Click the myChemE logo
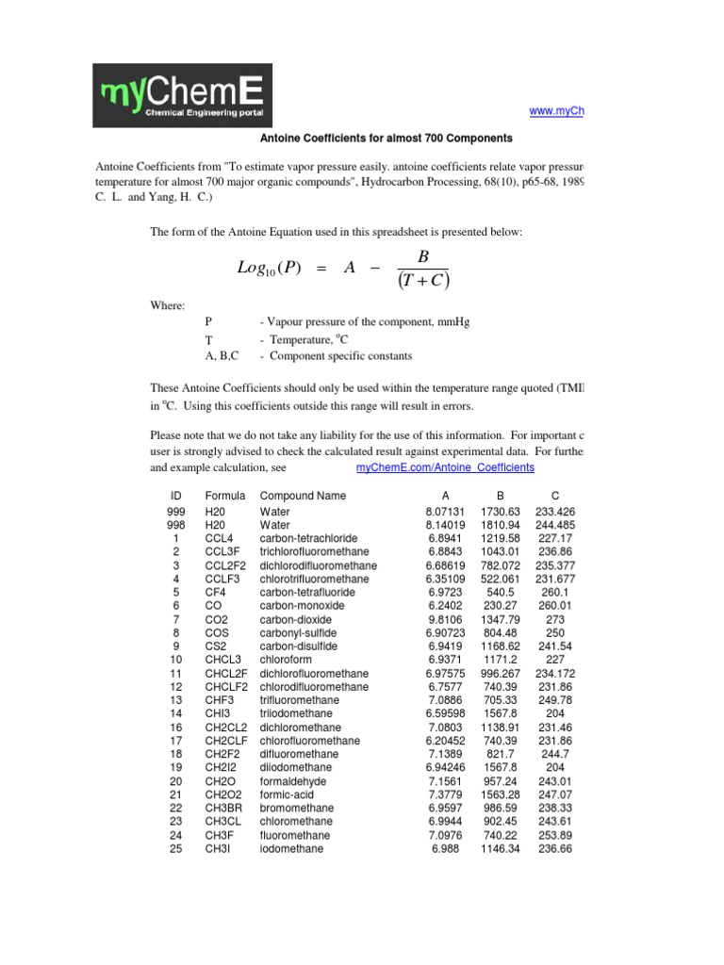coord(182,95)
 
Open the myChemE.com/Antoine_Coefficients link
coord(445,467)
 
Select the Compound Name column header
coord(303,496)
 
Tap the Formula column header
coord(224,496)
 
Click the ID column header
coord(175,496)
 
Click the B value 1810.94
coord(501,525)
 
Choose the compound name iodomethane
coord(291,849)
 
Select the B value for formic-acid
coord(501,795)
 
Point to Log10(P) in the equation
coord(270,269)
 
